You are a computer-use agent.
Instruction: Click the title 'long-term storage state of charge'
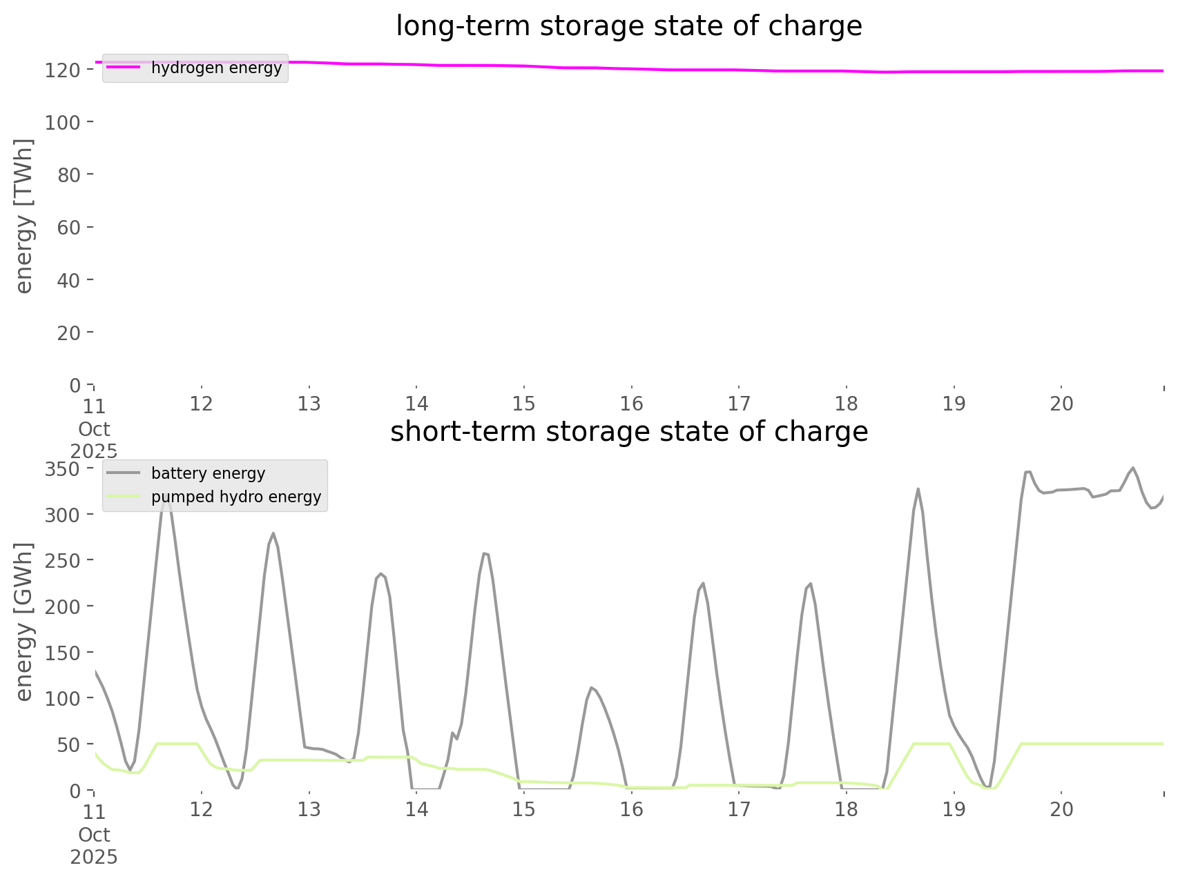pyautogui.click(x=628, y=26)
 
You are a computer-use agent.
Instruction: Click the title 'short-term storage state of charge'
pyautogui.click(x=628, y=432)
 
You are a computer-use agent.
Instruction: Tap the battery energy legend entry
pyautogui.click(x=208, y=473)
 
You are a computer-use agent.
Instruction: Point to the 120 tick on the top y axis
pyautogui.click(x=64, y=70)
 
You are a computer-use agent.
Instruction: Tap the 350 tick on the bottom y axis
pyautogui.click(x=64, y=469)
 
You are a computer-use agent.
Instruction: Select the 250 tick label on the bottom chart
pyautogui.click(x=64, y=561)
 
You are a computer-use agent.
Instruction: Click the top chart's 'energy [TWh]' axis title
pyautogui.click(x=23, y=216)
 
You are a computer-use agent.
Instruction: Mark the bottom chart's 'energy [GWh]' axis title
pyautogui.click(x=23, y=622)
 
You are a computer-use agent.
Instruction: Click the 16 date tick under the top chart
pyautogui.click(x=631, y=404)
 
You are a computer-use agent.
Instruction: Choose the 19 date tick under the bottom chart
pyautogui.click(x=954, y=809)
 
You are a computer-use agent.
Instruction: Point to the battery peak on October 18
pyautogui.click(x=918, y=489)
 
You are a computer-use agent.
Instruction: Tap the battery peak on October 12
pyautogui.click(x=273, y=533)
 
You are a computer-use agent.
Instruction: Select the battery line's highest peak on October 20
pyautogui.click(x=1133, y=468)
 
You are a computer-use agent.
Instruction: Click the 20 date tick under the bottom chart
pyautogui.click(x=1061, y=809)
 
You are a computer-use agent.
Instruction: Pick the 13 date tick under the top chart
pyautogui.click(x=309, y=404)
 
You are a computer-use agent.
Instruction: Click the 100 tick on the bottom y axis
pyautogui.click(x=64, y=698)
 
